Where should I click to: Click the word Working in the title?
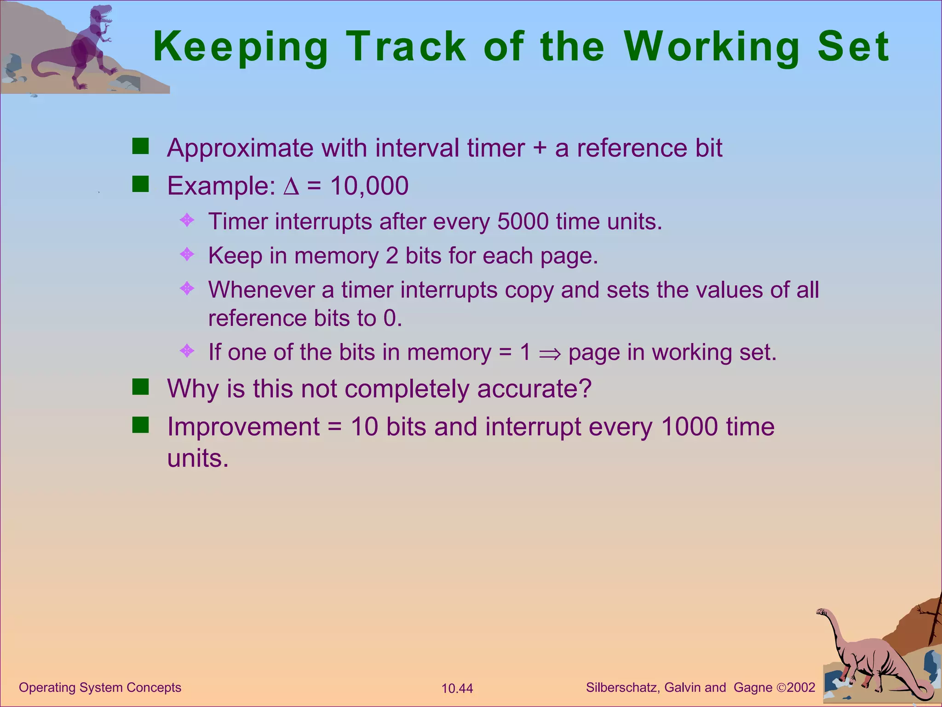[x=712, y=47]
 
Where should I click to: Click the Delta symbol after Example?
[x=291, y=186]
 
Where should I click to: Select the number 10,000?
[x=369, y=186]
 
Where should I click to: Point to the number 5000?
[x=523, y=221]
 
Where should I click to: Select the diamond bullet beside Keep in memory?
[x=187, y=254]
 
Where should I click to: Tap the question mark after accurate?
[x=584, y=388]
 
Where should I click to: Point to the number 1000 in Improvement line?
[x=689, y=427]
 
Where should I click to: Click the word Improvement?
[x=243, y=427]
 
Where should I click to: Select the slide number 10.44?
[x=457, y=689]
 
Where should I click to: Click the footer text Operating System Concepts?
[x=100, y=688]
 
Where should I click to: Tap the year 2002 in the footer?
[x=801, y=688]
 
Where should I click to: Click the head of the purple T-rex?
[x=102, y=16]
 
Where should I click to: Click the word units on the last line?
[x=197, y=458]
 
